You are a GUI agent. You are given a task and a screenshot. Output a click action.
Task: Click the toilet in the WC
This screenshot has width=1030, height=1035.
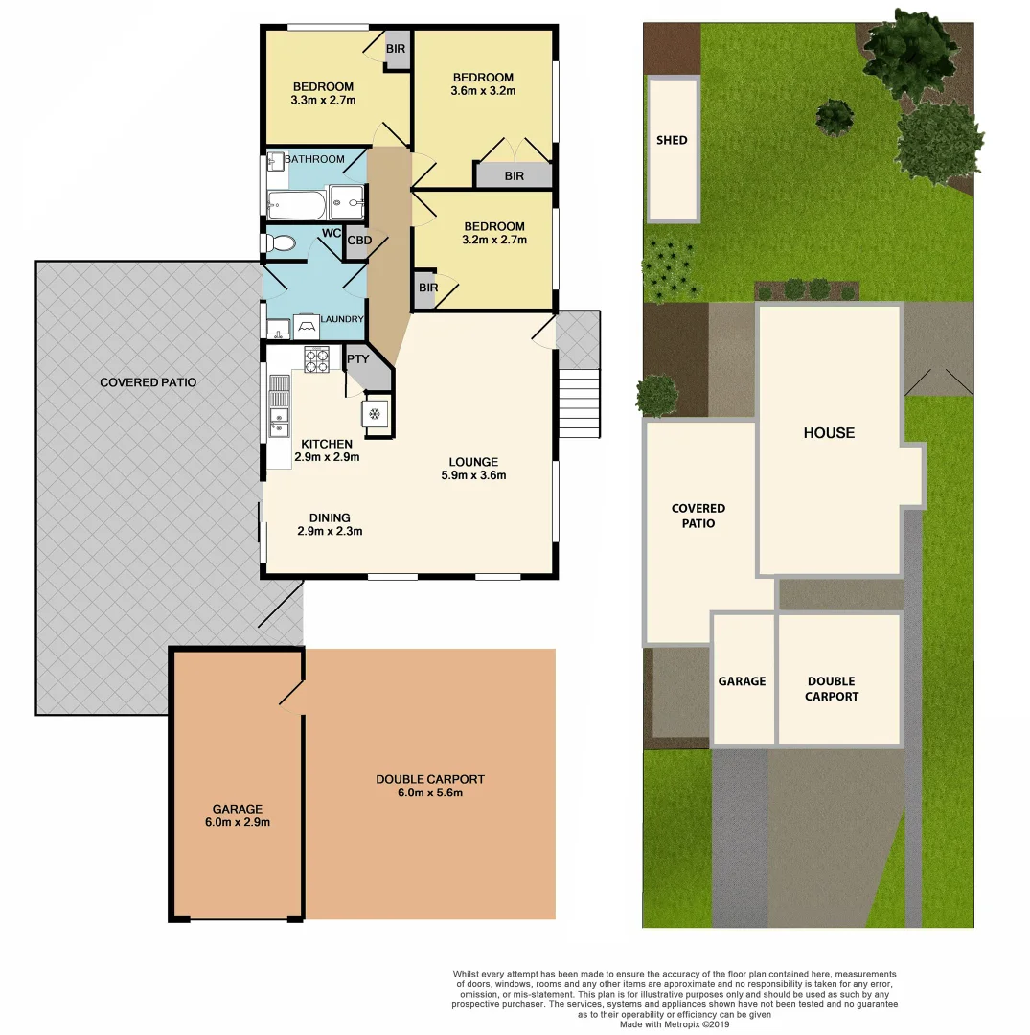pos(281,243)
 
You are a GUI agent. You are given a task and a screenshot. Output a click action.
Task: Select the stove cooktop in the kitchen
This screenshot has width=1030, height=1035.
pos(316,359)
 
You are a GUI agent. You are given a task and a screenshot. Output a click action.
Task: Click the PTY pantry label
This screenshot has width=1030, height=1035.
pos(357,359)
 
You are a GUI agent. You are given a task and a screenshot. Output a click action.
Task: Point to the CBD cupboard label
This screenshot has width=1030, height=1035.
pos(359,241)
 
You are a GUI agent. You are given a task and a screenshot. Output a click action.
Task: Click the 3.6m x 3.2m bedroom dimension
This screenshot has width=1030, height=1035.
pos(483,92)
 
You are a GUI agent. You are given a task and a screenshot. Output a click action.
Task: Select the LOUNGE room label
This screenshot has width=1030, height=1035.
pos(473,462)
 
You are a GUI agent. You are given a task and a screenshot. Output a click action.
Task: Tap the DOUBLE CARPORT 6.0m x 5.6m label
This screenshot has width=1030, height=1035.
pos(429,786)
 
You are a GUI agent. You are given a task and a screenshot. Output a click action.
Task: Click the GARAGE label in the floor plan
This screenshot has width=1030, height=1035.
pos(238,809)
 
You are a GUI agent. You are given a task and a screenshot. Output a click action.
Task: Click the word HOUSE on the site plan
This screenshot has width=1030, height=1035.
pos(829,433)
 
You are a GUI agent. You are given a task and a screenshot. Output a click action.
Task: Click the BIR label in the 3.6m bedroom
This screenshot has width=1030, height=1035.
pos(515,176)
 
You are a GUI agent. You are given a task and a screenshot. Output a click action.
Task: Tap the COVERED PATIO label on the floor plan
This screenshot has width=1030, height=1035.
pos(148,382)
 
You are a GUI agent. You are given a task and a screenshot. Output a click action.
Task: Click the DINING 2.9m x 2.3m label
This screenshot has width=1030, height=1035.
pos(330,524)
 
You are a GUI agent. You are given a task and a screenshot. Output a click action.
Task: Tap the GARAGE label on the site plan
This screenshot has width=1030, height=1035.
pos(742,681)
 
